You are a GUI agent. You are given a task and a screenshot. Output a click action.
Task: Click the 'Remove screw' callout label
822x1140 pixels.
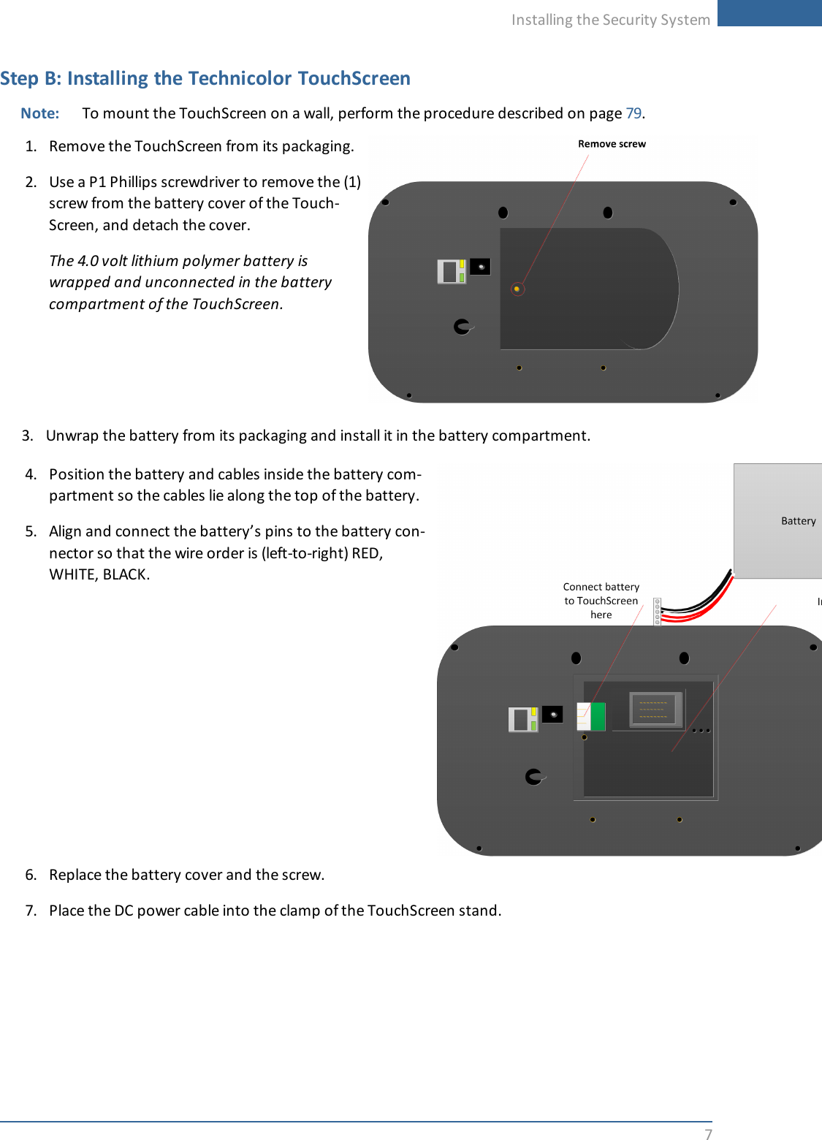tap(612, 144)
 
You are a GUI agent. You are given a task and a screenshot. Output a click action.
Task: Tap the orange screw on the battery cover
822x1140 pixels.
tap(517, 289)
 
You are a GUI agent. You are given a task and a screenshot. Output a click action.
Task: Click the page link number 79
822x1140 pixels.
tap(633, 113)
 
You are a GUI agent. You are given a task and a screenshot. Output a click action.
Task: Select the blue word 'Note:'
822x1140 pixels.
tap(40, 113)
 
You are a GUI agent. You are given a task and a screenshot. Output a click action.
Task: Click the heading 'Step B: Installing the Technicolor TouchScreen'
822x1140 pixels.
tap(205, 78)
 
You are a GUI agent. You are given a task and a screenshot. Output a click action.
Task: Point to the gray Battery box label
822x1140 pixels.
tap(798, 521)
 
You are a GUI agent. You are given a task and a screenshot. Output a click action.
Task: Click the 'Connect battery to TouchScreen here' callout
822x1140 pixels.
tap(601, 601)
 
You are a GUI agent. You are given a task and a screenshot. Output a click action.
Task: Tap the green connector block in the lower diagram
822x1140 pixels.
tap(598, 717)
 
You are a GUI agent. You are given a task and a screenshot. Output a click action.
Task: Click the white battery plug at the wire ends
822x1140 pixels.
tap(658, 612)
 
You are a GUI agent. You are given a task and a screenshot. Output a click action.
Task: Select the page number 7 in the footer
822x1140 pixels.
tap(708, 1133)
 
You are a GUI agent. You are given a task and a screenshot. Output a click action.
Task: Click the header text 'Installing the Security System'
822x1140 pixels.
tap(610, 20)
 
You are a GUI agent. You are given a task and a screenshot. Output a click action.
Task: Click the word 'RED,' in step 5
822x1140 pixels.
tap(368, 553)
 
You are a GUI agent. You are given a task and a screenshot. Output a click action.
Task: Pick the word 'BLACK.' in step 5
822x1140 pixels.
tap(126, 574)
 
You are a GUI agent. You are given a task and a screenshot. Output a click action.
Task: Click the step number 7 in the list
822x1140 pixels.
tap(31, 911)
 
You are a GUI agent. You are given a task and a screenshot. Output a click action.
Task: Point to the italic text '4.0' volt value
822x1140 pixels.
tap(88, 261)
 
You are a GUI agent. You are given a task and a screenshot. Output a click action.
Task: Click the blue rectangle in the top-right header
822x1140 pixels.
tap(769, 13)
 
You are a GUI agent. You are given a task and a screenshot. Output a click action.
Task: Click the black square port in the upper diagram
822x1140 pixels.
tap(480, 267)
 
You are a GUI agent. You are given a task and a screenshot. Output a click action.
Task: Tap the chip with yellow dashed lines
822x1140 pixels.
tap(655, 709)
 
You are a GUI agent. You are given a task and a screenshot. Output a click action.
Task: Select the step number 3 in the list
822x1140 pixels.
tap(28, 436)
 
